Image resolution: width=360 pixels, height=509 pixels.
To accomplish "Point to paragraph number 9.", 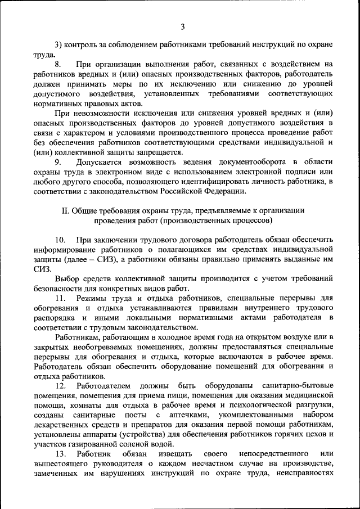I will tap(58, 163).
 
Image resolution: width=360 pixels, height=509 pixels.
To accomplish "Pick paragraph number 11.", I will tap(60, 298).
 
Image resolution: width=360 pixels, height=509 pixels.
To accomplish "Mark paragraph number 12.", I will tap(60, 386).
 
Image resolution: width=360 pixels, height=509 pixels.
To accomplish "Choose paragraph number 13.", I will tap(60, 453).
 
